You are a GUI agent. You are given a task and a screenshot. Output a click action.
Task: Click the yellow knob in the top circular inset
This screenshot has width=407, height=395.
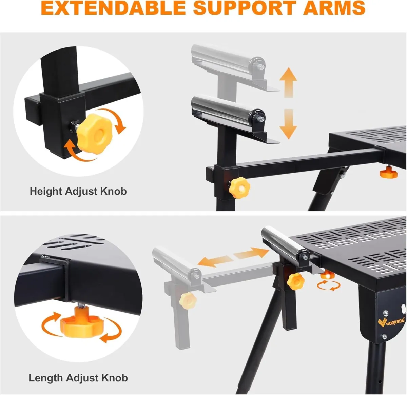[x=95, y=134]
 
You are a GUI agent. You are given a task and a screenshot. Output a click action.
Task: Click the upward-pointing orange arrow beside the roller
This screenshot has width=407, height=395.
[x=288, y=82]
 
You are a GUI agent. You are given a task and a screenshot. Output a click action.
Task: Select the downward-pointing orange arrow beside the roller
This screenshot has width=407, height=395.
[x=288, y=124]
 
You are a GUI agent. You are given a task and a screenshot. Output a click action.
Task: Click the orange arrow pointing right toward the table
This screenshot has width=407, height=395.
[x=251, y=253]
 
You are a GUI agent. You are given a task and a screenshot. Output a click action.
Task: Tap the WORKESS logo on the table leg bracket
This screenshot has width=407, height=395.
[x=391, y=321]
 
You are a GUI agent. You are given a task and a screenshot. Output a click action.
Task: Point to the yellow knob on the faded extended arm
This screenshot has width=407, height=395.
[x=188, y=300]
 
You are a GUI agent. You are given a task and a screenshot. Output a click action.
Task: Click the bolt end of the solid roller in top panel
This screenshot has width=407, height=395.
[x=261, y=119]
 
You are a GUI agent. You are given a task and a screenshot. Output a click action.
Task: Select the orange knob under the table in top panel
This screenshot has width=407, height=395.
[x=389, y=173]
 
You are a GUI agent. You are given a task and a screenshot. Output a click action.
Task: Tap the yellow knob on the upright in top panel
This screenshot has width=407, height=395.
[x=239, y=187]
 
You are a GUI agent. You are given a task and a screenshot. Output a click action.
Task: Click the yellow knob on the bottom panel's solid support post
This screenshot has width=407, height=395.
[x=295, y=280]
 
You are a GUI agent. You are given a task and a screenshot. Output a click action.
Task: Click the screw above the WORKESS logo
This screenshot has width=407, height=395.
[x=385, y=313]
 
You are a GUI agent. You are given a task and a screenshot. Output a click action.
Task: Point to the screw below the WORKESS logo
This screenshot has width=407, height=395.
[x=384, y=337]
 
